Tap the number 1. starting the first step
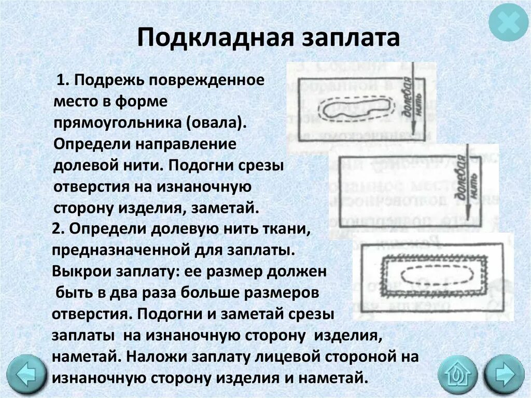[x=63, y=81]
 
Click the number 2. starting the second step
[x=57, y=229]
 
